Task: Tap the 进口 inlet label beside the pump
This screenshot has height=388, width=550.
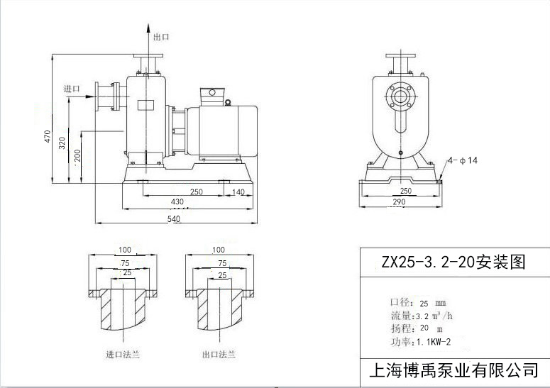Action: [x=72, y=89]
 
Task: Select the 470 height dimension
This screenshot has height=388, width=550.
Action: [x=48, y=135]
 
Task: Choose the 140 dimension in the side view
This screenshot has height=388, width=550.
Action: [x=238, y=192]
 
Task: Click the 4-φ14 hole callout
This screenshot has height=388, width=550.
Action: [x=464, y=161]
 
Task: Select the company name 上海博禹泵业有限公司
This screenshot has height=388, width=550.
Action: [x=454, y=370]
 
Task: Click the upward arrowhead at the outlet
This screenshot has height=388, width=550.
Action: [x=148, y=26]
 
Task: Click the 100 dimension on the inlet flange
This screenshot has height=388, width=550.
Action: [x=125, y=250]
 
